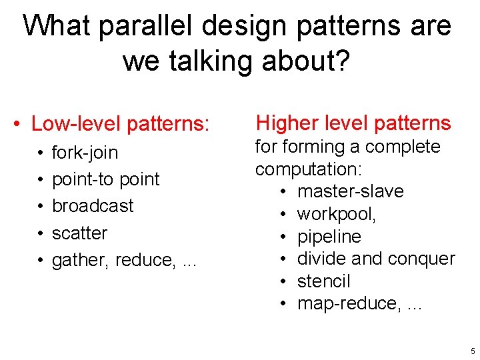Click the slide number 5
(x=473, y=351)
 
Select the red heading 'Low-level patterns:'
(x=121, y=124)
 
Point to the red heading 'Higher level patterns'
(x=353, y=123)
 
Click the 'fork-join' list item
(x=85, y=153)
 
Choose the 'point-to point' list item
(x=105, y=179)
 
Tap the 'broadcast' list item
(x=93, y=206)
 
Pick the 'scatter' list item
(x=79, y=233)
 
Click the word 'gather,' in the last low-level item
(x=81, y=260)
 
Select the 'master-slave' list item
(x=351, y=191)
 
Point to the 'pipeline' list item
(x=329, y=237)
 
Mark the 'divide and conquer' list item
(x=376, y=259)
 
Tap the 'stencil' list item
(x=323, y=281)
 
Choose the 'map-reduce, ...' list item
(x=350, y=303)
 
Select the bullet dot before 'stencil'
(x=283, y=281)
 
